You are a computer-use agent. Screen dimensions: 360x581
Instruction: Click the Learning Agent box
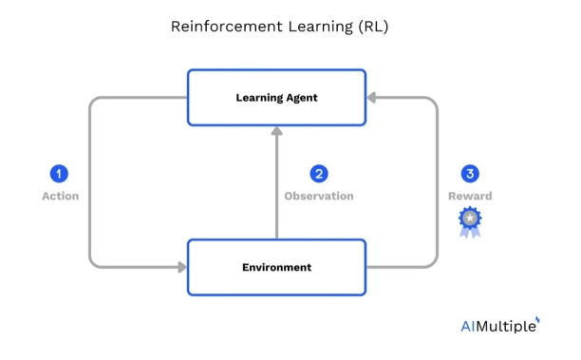pyautogui.click(x=276, y=97)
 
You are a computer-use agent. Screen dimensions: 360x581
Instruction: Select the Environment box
pyautogui.click(x=276, y=267)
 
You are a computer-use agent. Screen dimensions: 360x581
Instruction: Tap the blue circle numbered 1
pyautogui.click(x=60, y=174)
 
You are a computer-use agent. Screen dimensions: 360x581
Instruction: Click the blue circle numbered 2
pyautogui.click(x=319, y=174)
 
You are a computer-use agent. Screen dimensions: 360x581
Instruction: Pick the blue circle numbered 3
pyautogui.click(x=470, y=174)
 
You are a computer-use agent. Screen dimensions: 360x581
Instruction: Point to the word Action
pyautogui.click(x=60, y=197)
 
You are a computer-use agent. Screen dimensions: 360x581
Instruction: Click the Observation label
pyautogui.click(x=319, y=197)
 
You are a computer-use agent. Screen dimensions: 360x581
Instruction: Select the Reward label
pyautogui.click(x=470, y=197)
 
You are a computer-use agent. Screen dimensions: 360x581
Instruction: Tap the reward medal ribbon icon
pyautogui.click(x=470, y=222)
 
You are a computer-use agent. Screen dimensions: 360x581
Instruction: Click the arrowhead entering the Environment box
pyautogui.click(x=181, y=267)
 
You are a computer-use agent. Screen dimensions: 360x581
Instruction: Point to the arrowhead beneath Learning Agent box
pyautogui.click(x=276, y=132)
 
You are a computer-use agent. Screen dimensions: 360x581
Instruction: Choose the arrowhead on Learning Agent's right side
pyautogui.click(x=372, y=97)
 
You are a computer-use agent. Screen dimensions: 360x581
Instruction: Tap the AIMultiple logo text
pyautogui.click(x=497, y=326)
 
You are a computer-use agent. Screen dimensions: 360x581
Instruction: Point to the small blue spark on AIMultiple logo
pyautogui.click(x=537, y=319)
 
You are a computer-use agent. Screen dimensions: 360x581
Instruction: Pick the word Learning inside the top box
pyautogui.click(x=256, y=97)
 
